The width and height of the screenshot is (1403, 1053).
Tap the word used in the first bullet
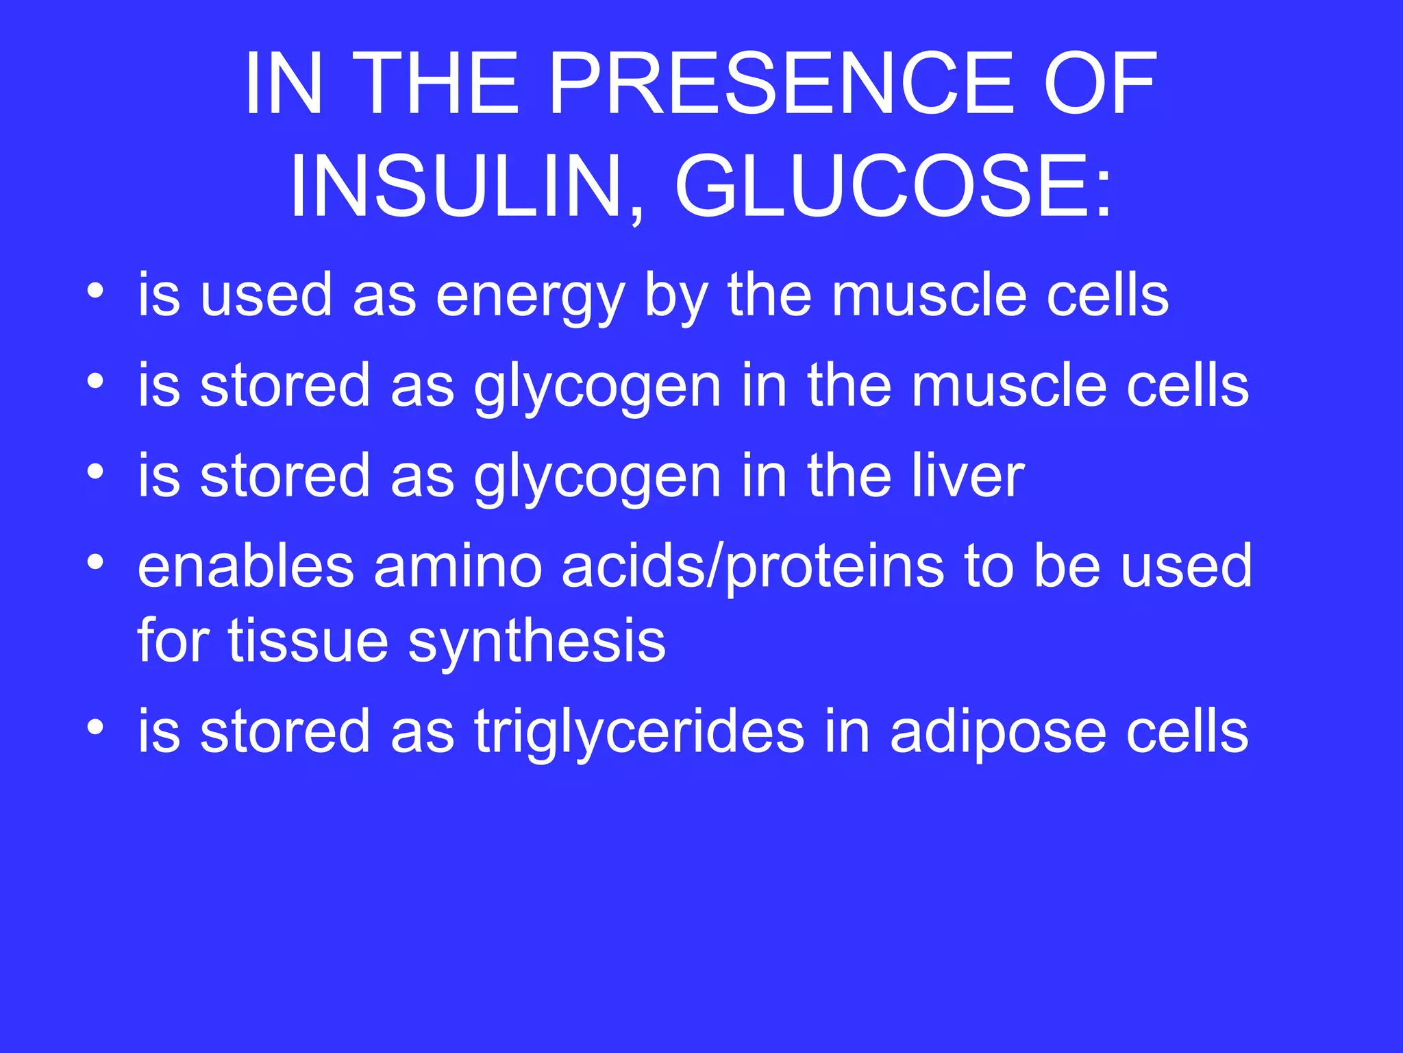pos(266,295)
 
